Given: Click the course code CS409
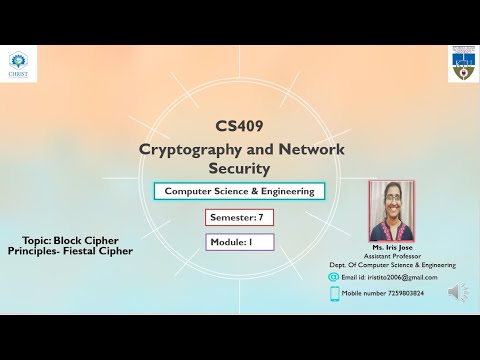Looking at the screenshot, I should (x=240, y=127).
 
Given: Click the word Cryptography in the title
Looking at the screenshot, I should (x=186, y=148).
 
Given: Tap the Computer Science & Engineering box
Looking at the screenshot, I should (x=239, y=191).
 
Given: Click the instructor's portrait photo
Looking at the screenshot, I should (x=391, y=211).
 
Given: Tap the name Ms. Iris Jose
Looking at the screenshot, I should (x=392, y=248).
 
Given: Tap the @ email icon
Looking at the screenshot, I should (x=334, y=276).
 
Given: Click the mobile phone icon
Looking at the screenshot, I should (x=334, y=293).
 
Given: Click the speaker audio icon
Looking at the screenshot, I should (x=457, y=292).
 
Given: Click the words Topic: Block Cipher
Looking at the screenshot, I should (x=72, y=240).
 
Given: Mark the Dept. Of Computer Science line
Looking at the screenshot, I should (x=392, y=265).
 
